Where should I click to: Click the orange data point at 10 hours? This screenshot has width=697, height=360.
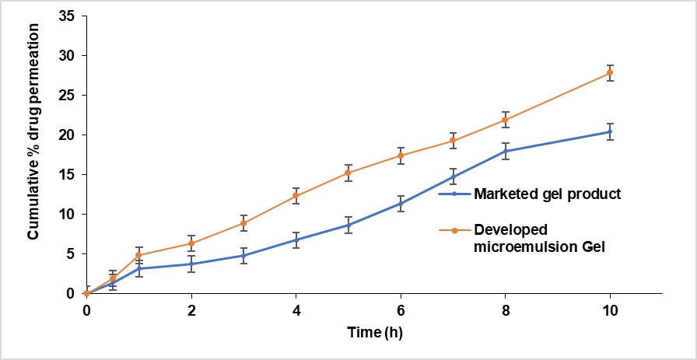[x=610, y=73]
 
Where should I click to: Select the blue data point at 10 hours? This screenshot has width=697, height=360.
[x=610, y=131]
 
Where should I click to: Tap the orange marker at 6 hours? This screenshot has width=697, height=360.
[x=401, y=156]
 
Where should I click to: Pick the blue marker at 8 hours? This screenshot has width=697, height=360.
[x=505, y=151]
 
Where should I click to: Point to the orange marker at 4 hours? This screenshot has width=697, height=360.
[x=296, y=195]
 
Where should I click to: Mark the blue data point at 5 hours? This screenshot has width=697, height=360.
[x=348, y=225]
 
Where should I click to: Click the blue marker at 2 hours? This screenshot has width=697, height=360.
[x=191, y=264]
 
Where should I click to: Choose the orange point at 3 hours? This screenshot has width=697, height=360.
[x=243, y=223]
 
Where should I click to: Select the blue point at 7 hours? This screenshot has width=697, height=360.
[x=453, y=177]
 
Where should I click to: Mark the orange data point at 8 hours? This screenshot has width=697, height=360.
[x=505, y=120]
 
